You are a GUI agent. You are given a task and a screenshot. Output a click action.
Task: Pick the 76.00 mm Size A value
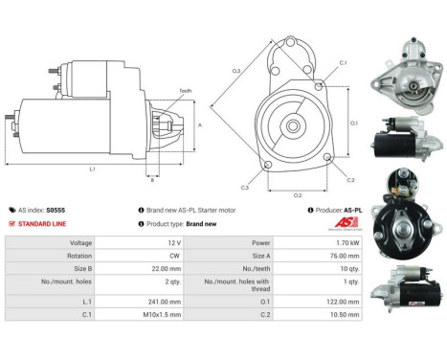click(x=342, y=257)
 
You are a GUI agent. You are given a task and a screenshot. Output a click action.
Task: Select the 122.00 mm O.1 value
click(x=340, y=302)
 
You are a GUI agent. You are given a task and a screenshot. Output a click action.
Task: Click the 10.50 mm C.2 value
click(x=342, y=314)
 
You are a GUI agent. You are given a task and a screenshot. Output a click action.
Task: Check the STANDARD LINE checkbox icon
click(x=11, y=223)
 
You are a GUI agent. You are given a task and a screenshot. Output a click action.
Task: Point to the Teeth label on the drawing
click(x=185, y=90)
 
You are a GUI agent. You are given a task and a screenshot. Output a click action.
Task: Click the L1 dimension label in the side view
click(x=92, y=169)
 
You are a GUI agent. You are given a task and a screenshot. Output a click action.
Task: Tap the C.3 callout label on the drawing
click(x=245, y=188)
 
